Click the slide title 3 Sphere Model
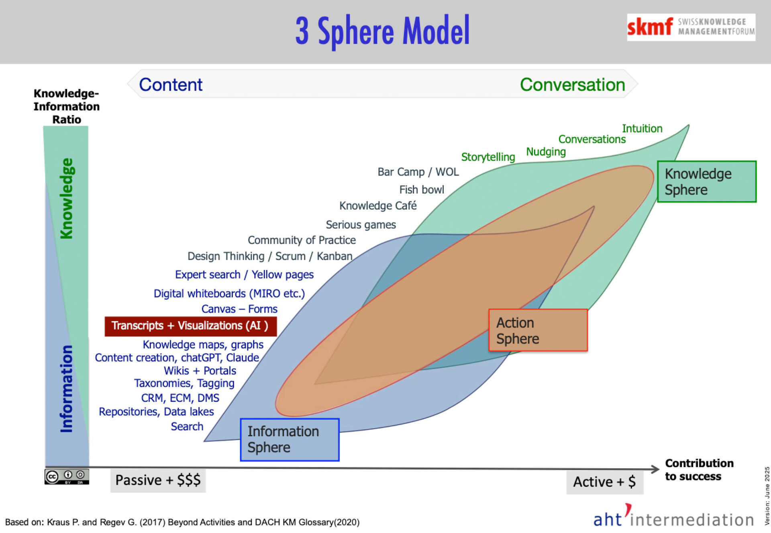[x=382, y=31]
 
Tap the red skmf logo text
[x=649, y=27]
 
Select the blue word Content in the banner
[x=171, y=85]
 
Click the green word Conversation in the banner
[x=572, y=85]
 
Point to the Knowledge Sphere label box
[x=706, y=181]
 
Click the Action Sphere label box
[x=538, y=330]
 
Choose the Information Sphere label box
[x=290, y=439]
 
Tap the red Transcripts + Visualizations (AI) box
[x=190, y=326]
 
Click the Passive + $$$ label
[x=158, y=480]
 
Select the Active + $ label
[x=604, y=482]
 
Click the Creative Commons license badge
[x=67, y=476]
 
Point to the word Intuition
[x=642, y=128]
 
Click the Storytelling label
[x=488, y=157]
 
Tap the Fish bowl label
[x=422, y=189]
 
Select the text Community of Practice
[x=302, y=240]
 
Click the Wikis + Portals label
[x=200, y=370]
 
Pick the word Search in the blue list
[x=187, y=426]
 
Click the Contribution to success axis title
[x=699, y=470]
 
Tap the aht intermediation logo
[x=673, y=518]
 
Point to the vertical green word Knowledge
[x=67, y=198]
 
